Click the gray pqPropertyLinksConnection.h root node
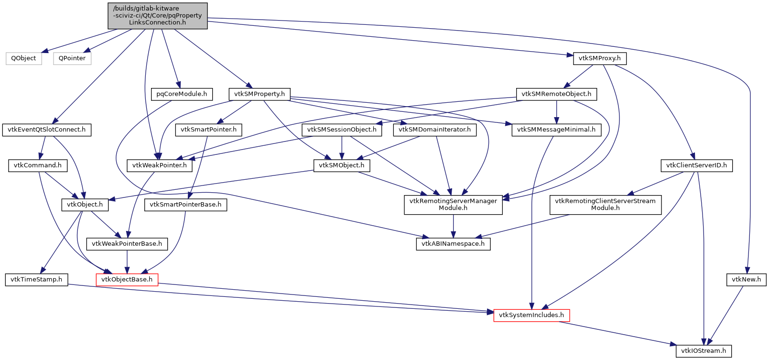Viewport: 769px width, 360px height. click(x=157, y=15)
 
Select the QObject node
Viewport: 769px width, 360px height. click(x=24, y=58)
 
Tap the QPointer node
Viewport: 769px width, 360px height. click(x=72, y=58)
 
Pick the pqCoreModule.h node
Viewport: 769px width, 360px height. click(x=182, y=94)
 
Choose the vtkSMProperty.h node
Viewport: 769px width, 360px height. click(x=260, y=94)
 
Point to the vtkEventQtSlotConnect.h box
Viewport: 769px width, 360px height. click(x=47, y=130)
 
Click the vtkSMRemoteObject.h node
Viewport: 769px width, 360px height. click(x=556, y=94)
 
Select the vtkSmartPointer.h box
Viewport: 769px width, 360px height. click(x=208, y=130)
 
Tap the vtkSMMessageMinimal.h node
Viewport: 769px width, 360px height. click(x=556, y=130)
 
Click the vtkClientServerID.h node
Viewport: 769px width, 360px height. click(x=696, y=165)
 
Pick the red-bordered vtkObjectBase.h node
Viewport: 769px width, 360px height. click(x=127, y=279)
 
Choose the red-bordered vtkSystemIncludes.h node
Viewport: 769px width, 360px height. click(x=531, y=315)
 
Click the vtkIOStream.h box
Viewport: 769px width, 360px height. click(x=704, y=351)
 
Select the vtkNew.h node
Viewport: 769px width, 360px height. click(x=746, y=279)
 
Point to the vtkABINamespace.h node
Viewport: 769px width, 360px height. click(x=453, y=244)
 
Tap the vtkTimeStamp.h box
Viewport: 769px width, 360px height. click(x=36, y=279)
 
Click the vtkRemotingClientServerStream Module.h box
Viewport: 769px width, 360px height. click(x=605, y=205)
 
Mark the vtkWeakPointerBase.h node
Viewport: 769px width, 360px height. click(x=127, y=244)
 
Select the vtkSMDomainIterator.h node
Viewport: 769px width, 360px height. click(x=434, y=130)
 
